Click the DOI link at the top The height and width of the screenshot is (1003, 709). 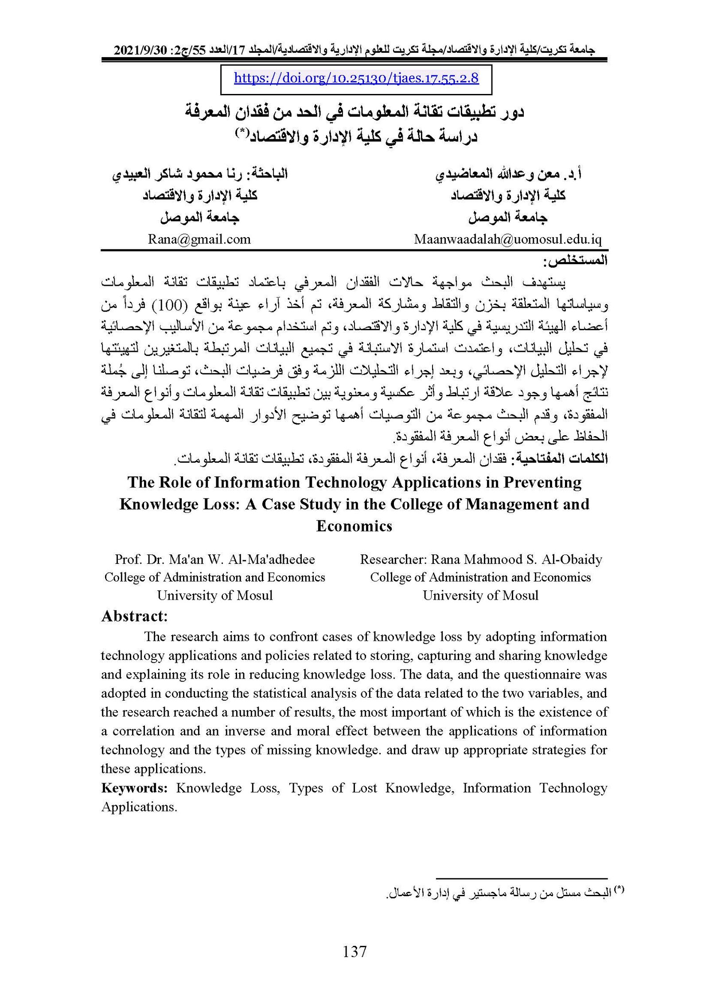356,78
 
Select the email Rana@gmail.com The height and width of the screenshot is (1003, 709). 199,239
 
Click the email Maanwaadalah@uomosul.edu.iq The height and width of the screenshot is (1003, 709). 508,239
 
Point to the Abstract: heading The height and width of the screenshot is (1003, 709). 134,616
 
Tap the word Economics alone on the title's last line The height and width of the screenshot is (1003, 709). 354,526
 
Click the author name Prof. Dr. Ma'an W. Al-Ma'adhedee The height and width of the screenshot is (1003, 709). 215,559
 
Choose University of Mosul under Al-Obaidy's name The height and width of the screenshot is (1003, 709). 480,595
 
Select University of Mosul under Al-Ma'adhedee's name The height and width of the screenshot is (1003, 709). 215,595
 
